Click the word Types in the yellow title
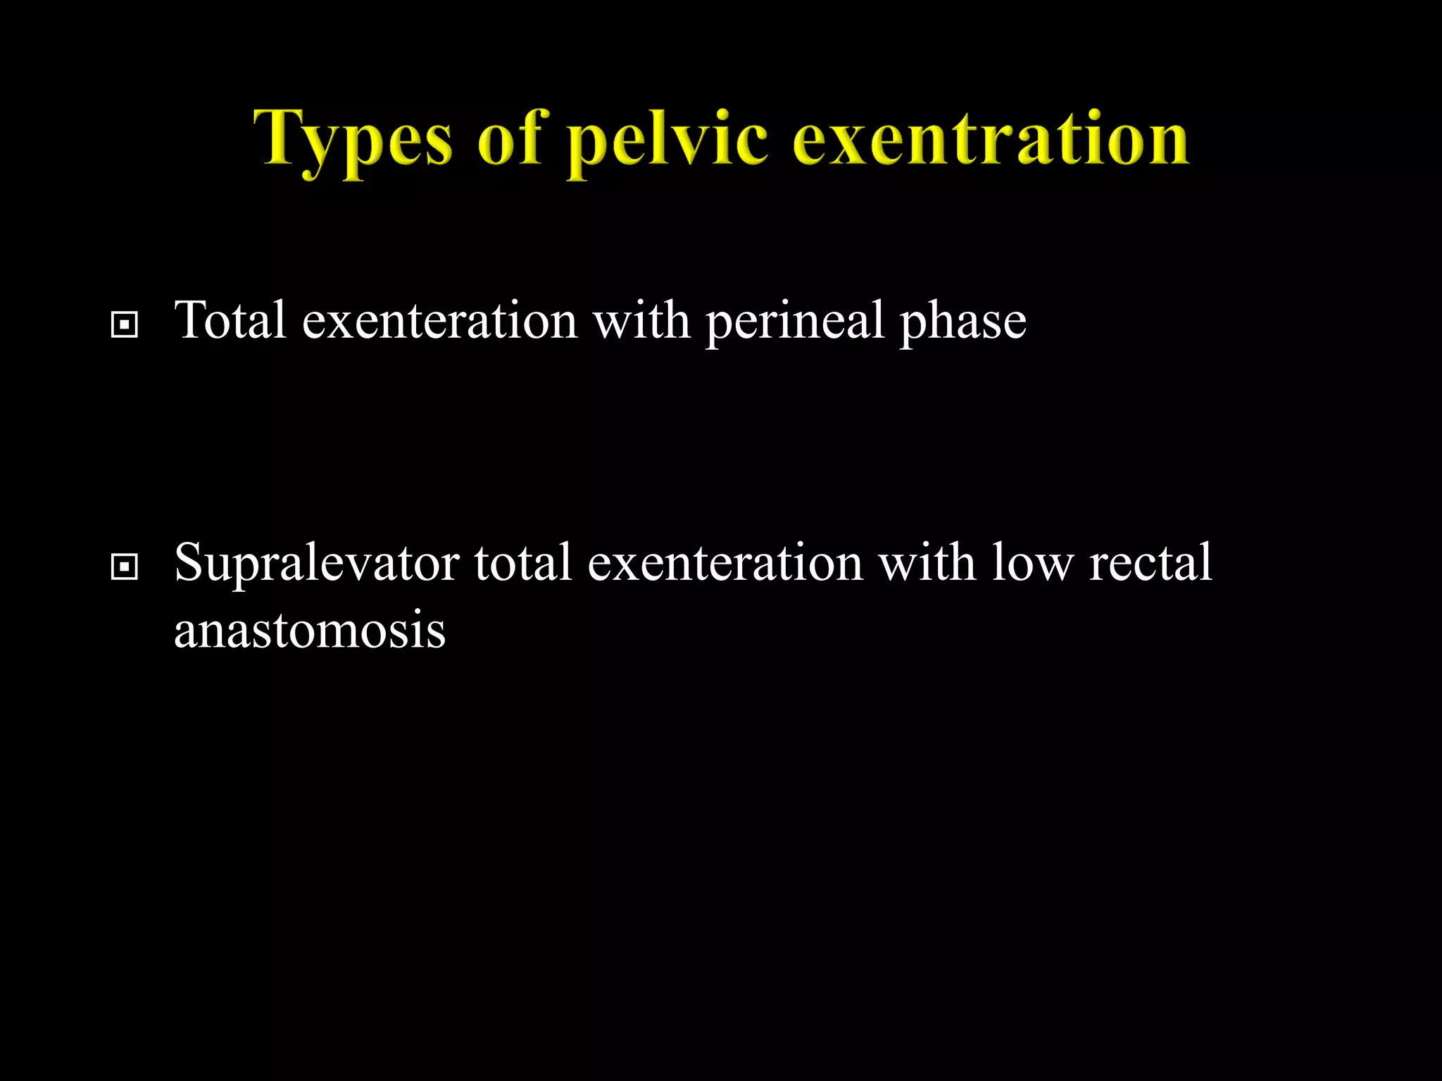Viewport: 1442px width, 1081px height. [x=352, y=139]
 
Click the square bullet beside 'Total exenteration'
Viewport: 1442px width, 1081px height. [x=125, y=325]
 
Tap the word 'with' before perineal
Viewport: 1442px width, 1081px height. [x=641, y=320]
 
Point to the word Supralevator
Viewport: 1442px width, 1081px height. [x=316, y=563]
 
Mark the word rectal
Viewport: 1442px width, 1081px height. [x=1151, y=563]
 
